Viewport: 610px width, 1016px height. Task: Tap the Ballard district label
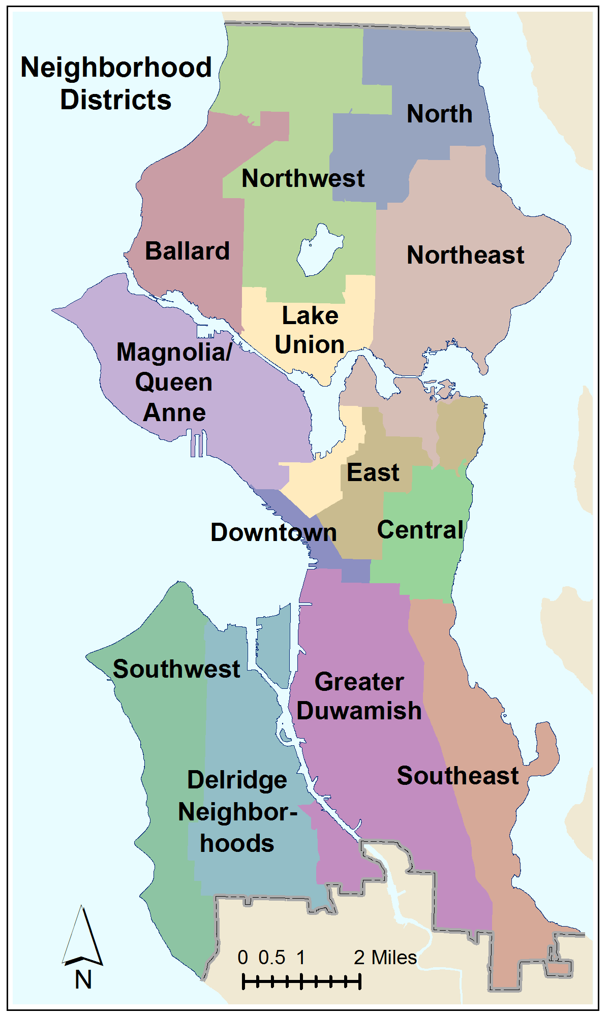click(187, 251)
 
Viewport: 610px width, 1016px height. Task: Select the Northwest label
click(303, 178)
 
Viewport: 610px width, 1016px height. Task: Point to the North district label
click(439, 114)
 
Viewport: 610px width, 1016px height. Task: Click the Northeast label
click(465, 255)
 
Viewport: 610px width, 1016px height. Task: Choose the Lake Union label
click(310, 330)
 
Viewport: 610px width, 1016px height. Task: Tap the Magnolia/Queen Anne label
click(174, 382)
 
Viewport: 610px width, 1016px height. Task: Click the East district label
click(373, 472)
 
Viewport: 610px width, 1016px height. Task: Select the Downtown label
click(273, 532)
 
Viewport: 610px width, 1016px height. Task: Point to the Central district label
click(420, 530)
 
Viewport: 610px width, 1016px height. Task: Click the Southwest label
click(176, 669)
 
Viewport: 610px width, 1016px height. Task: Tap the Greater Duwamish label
click(359, 696)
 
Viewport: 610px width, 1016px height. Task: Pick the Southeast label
click(457, 776)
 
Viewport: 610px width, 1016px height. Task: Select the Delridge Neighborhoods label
click(237, 812)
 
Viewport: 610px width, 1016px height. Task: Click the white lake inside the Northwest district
click(319, 250)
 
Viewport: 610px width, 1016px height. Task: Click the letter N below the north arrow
click(83, 980)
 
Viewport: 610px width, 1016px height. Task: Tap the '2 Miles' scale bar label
click(385, 958)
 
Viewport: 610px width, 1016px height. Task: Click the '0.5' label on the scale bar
click(271, 958)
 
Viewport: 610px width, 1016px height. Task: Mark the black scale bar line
click(301, 981)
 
